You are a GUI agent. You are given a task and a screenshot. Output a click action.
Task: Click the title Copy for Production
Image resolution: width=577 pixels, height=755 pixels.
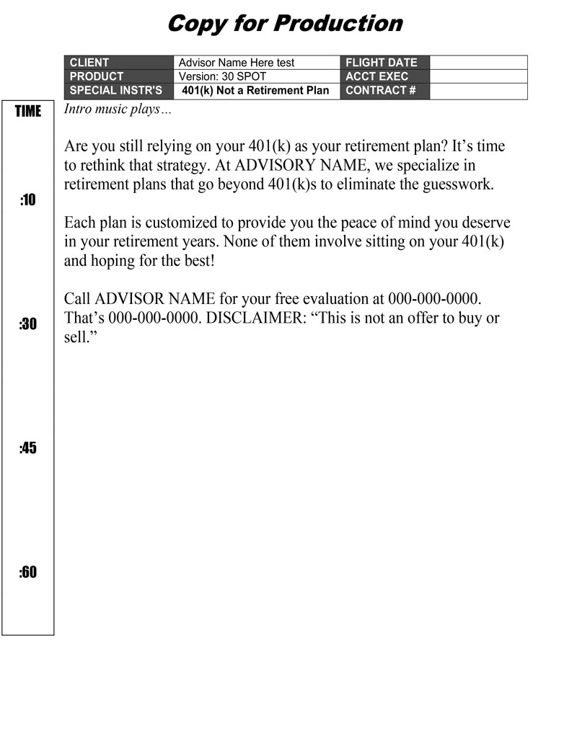[x=284, y=24]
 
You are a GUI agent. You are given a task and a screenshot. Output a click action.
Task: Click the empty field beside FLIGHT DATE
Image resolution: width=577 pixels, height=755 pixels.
[x=478, y=63]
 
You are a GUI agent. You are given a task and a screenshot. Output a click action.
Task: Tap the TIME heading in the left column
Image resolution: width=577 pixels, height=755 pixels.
[x=28, y=111]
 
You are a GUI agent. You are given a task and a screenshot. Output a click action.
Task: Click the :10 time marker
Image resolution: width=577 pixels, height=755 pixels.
[x=27, y=200]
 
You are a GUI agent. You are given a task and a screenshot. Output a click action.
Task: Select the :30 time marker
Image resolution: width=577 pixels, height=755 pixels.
[x=27, y=324]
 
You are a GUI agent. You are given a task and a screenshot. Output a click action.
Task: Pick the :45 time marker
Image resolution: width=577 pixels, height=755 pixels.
[x=27, y=448]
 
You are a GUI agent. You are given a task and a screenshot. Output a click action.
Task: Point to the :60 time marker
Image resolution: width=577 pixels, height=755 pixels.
[x=27, y=573]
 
